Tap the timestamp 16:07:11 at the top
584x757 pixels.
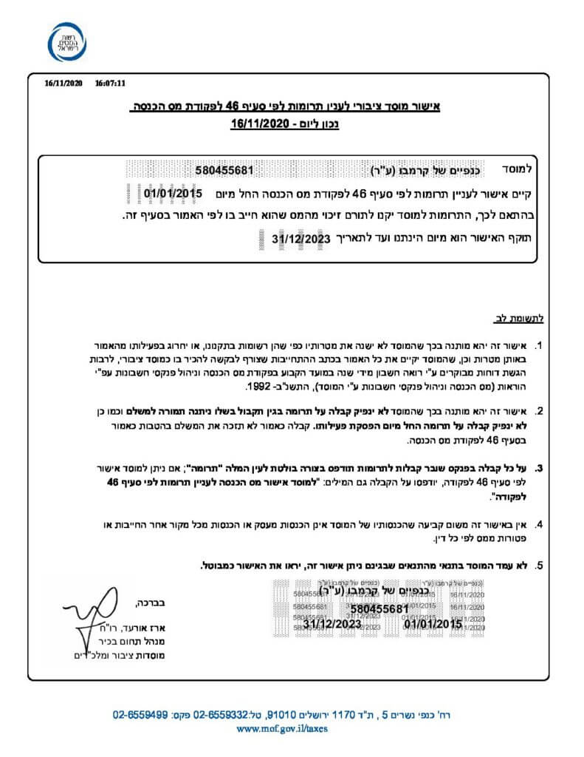(x=111, y=84)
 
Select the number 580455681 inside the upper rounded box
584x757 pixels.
(x=225, y=170)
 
